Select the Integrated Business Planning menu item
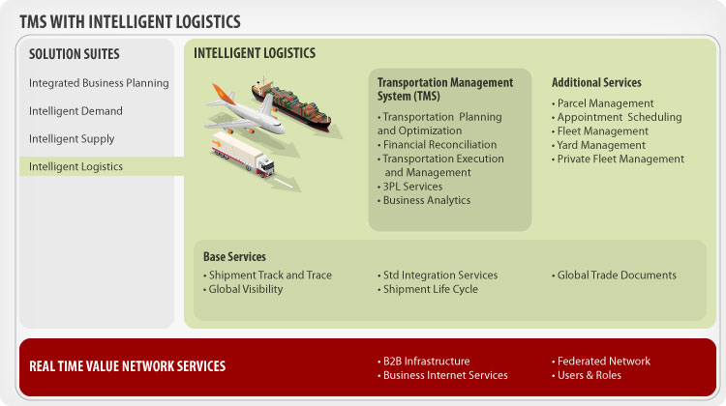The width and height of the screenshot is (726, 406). pyautogui.click(x=99, y=83)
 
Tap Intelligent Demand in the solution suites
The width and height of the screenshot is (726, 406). pyautogui.click(x=76, y=111)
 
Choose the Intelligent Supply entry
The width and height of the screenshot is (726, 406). pyautogui.click(x=72, y=139)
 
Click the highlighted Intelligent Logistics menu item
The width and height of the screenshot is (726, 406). pyautogui.click(x=76, y=167)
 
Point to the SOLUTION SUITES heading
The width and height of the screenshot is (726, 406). pyautogui.click(x=75, y=54)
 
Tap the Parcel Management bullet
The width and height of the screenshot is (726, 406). pyautogui.click(x=605, y=103)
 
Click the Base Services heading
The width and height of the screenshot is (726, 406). pyautogui.click(x=234, y=257)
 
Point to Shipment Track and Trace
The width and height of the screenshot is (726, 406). pyautogui.click(x=270, y=275)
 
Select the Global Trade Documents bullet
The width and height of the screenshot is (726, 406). pyautogui.click(x=617, y=275)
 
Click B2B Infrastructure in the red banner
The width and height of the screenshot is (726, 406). pyautogui.click(x=426, y=362)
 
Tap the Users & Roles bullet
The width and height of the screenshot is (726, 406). pyautogui.click(x=589, y=375)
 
